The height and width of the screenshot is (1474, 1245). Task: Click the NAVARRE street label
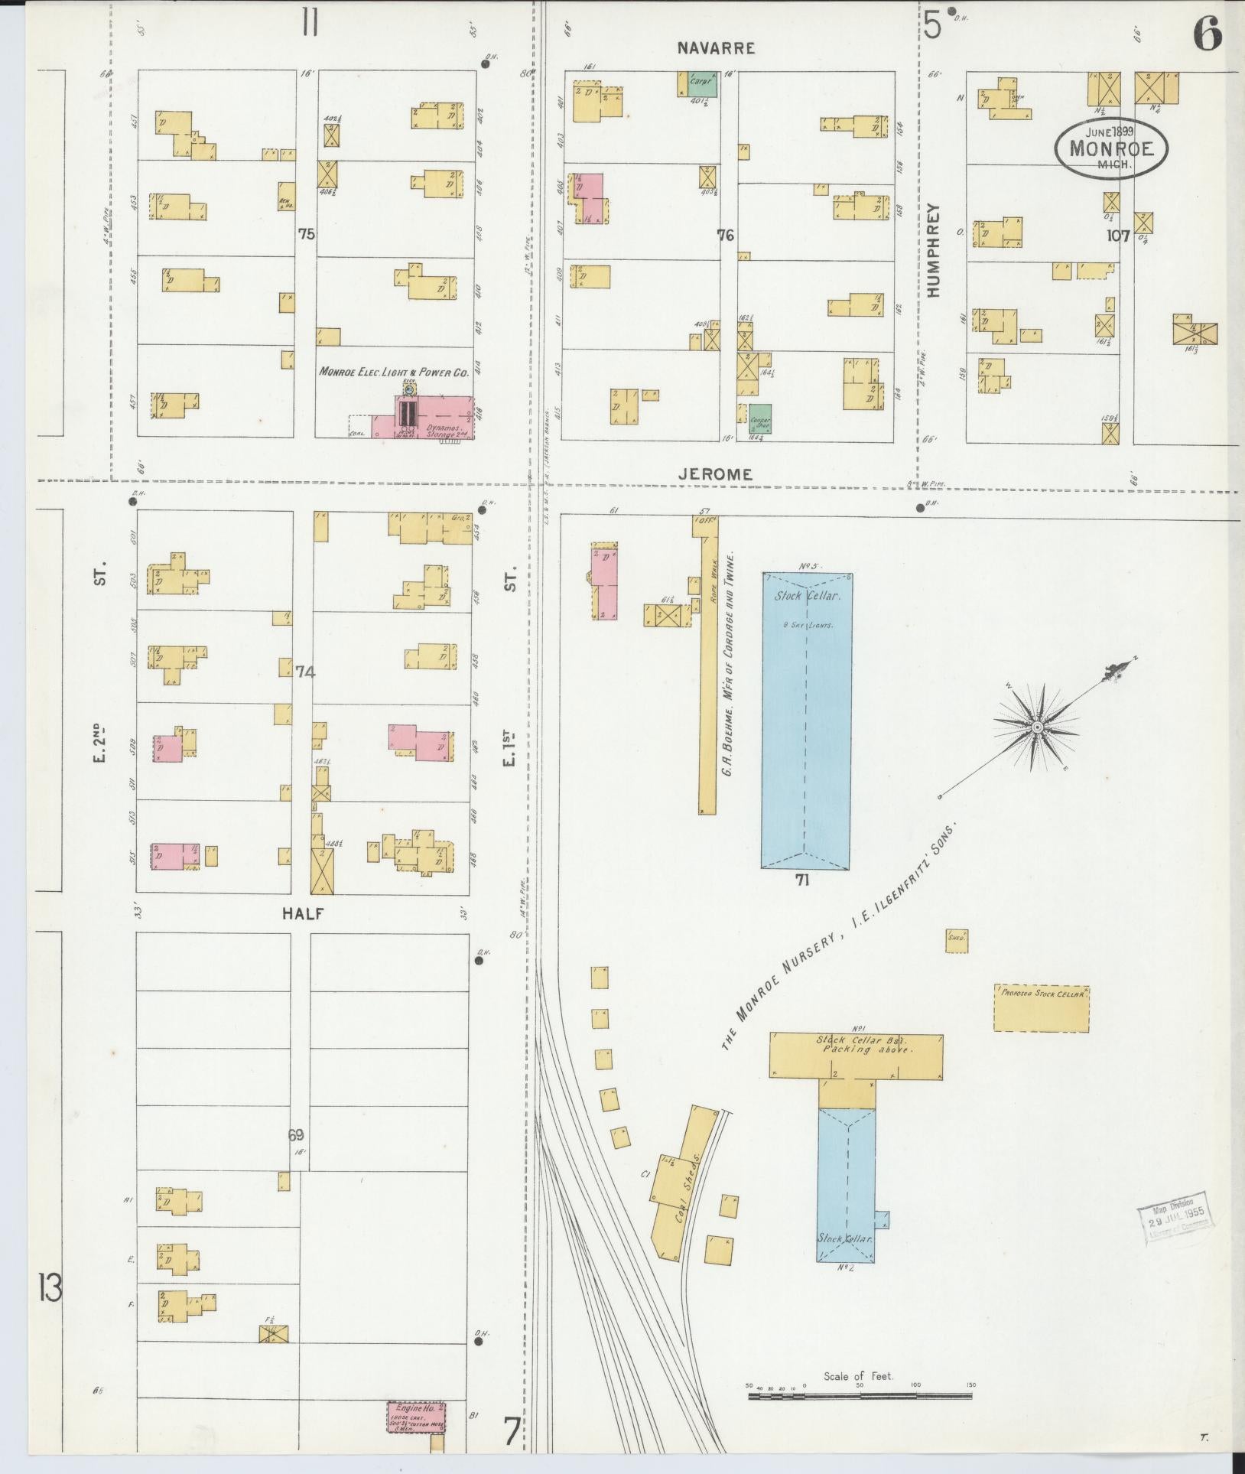(x=717, y=48)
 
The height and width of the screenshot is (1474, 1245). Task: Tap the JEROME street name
(x=716, y=474)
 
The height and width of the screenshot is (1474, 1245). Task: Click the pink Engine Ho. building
(x=417, y=1417)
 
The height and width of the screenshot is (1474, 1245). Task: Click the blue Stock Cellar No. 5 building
(x=806, y=719)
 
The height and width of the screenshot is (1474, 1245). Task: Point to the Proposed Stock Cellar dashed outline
(x=1042, y=1007)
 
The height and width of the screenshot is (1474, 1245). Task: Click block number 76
(x=725, y=236)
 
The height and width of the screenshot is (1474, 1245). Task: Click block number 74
(x=305, y=672)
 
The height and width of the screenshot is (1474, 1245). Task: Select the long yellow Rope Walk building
(x=708, y=673)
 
